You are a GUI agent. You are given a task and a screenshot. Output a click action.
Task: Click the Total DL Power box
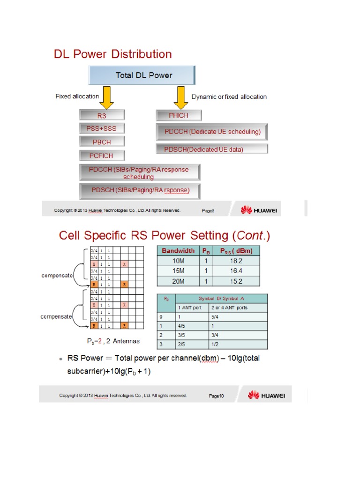(x=142, y=75)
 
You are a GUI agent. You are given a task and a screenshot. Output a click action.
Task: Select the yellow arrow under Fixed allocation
(x=107, y=98)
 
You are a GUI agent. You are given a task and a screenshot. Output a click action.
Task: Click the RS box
(x=102, y=115)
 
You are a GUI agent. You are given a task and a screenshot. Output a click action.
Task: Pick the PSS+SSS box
(x=102, y=128)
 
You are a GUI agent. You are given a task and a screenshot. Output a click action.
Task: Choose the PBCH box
(x=102, y=142)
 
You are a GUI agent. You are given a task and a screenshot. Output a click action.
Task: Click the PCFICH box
(x=102, y=155)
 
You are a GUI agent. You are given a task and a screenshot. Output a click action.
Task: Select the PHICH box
(x=179, y=115)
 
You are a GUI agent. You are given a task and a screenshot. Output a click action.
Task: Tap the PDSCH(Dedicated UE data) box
(x=211, y=150)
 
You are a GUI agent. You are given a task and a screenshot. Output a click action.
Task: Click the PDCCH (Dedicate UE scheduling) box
(x=211, y=132)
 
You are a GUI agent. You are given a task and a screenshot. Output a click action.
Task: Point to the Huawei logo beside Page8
(x=259, y=210)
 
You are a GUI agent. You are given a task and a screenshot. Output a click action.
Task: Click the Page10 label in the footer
(x=217, y=396)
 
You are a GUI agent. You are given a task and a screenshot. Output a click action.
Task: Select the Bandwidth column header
(x=178, y=251)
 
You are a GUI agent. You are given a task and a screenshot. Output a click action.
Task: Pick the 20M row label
(x=178, y=281)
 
